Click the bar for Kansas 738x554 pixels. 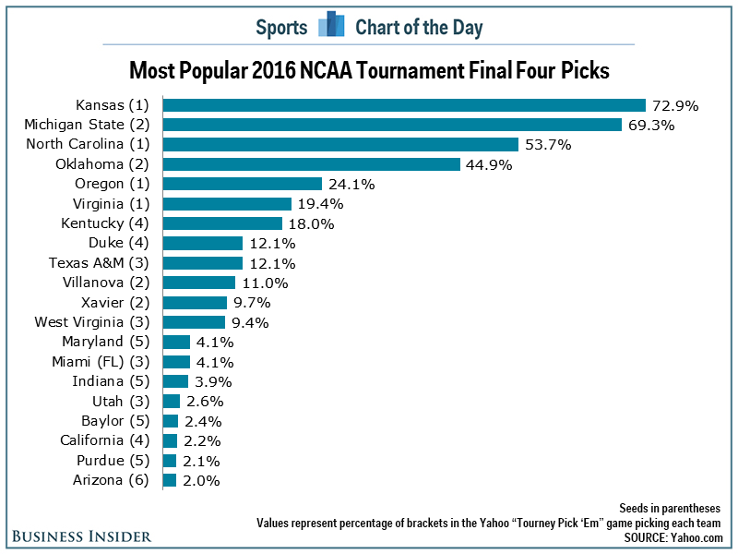tap(404, 105)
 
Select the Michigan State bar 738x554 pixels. tap(392, 125)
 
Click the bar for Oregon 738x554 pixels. tap(242, 184)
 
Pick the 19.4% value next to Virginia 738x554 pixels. tap(321, 204)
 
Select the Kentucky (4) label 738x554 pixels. tap(115, 223)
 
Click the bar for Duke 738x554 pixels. tap(202, 243)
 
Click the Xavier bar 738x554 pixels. tap(195, 302)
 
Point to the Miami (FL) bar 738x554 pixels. tap(176, 361)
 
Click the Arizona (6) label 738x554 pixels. tap(118, 479)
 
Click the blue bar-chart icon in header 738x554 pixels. tap(331, 26)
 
